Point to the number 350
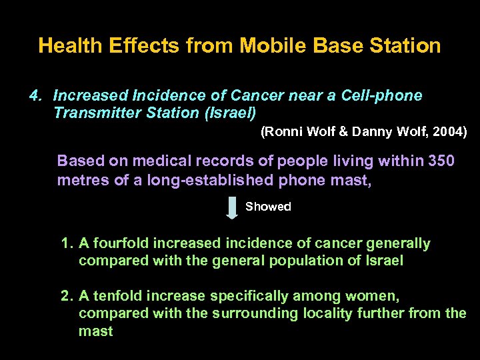coord(441,161)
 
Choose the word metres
coord(79,180)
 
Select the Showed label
coord(268,207)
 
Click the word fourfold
coord(119,244)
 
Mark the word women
coord(374,296)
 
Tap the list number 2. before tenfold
coord(67,296)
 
